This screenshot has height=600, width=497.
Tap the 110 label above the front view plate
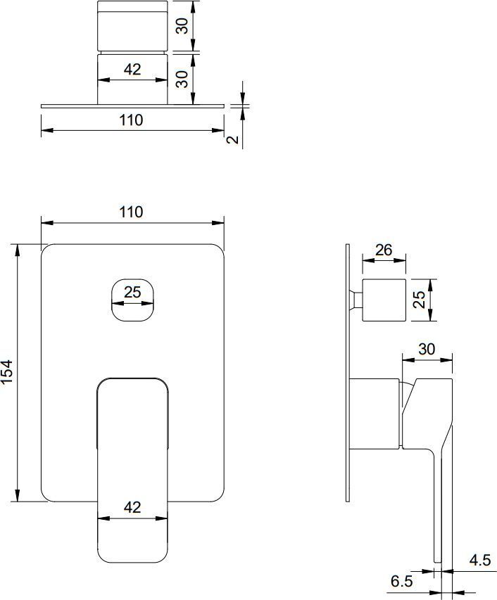point(131,212)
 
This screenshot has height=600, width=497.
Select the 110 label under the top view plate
point(131,120)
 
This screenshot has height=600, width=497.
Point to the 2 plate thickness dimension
point(232,140)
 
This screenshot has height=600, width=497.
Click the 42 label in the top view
point(132,69)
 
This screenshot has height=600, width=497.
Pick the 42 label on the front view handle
point(132,507)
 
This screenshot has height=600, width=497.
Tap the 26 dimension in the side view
point(384,250)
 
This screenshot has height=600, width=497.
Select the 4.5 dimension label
point(480,560)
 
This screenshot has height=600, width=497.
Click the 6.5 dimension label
point(402,581)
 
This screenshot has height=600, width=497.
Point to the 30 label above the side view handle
point(427,349)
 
